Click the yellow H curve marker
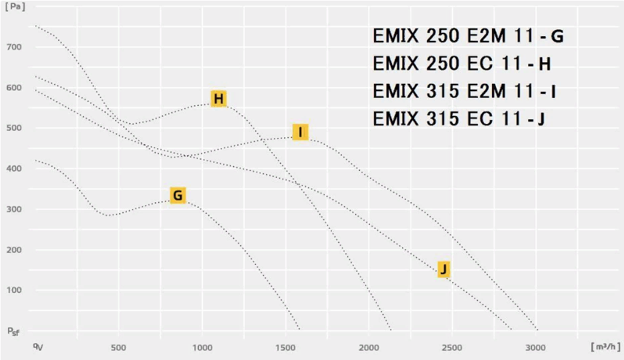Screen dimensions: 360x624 coord(218,99)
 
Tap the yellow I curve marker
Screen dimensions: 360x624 coord(300,132)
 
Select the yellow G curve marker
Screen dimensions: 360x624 coord(177,195)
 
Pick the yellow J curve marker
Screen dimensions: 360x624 coord(443,269)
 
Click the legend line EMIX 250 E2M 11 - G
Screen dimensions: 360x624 coord(468,36)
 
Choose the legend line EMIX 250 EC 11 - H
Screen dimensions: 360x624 coord(462,64)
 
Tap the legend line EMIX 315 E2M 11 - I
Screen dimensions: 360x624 coord(464,91)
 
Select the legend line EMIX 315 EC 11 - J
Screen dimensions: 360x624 coord(459,119)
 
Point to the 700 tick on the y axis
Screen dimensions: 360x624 coord(15,47)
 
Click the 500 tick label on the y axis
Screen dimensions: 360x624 coord(15,128)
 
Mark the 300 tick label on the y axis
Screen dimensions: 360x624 coord(15,209)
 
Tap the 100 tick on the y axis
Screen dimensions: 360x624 coord(15,290)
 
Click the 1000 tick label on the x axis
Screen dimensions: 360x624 coord(202,347)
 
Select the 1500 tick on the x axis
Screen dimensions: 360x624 coord(286,347)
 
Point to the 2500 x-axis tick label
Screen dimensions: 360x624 coord(452,347)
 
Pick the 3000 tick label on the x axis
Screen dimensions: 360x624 coord(536,347)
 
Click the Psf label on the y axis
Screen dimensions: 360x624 coord(13,331)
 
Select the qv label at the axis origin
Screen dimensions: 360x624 coord(39,346)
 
